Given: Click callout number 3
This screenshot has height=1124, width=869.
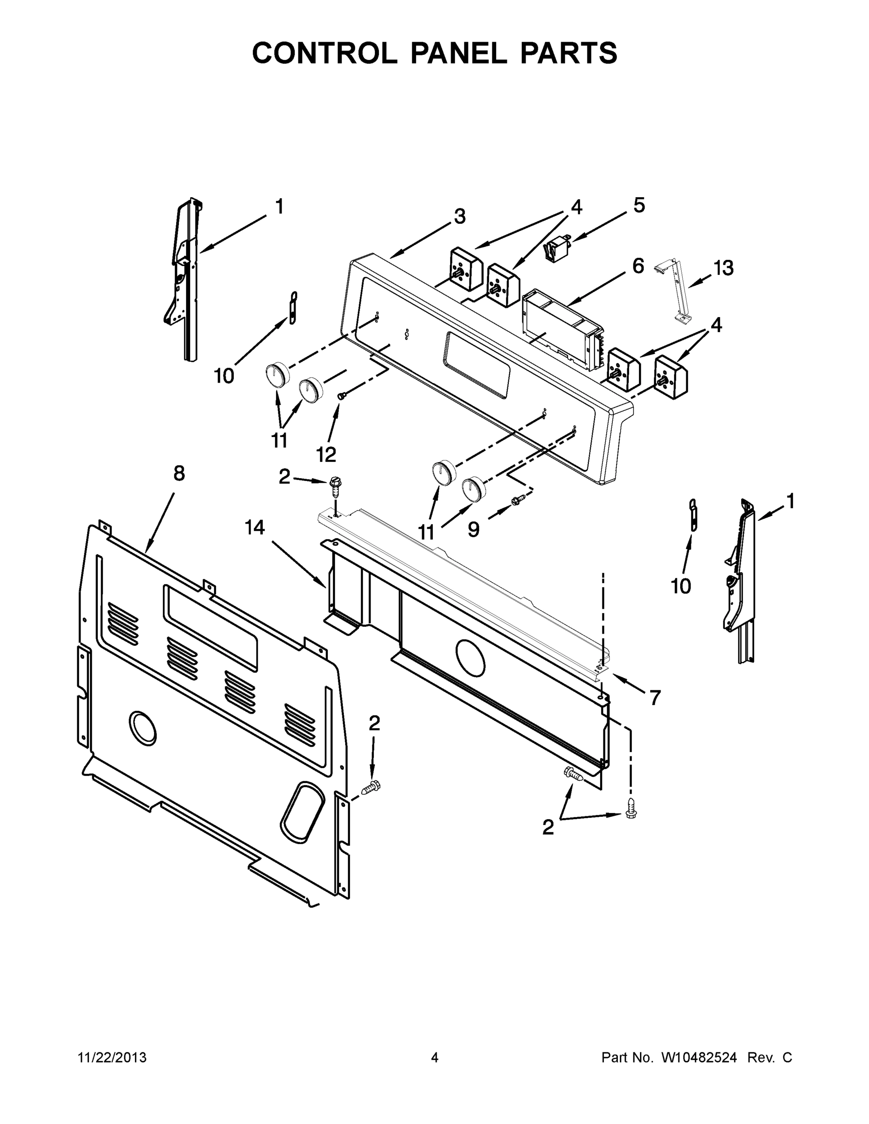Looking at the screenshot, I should [x=459, y=217].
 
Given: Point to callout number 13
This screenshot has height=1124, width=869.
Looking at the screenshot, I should [x=723, y=268].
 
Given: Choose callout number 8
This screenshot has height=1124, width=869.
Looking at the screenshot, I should [x=178, y=473].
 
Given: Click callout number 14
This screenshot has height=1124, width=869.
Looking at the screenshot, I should [x=255, y=527].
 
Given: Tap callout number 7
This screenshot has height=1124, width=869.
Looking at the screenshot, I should [x=654, y=698].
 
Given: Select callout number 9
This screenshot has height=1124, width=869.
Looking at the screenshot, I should [x=474, y=530].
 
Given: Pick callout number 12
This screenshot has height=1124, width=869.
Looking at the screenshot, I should [x=326, y=454].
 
